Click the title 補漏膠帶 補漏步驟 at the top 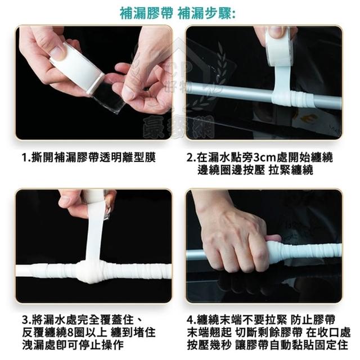click(x=178, y=13)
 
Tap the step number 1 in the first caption click(x=25, y=157)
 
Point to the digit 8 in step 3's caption click(x=69, y=332)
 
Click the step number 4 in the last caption click(x=190, y=319)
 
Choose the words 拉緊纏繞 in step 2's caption click(x=291, y=170)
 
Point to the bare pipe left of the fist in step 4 click(x=195, y=254)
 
